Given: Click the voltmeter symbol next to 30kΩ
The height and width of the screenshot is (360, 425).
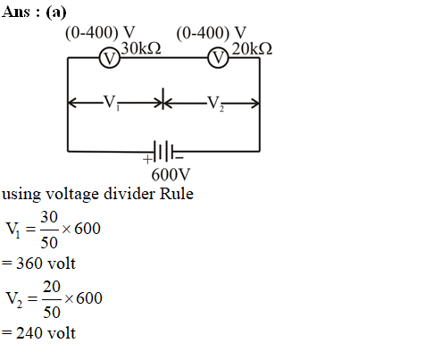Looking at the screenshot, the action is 110,58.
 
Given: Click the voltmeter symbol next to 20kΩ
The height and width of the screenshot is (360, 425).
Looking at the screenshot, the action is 218,58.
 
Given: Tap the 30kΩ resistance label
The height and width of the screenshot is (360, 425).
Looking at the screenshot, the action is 141,48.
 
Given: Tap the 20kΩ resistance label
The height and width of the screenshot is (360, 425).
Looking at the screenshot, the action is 252,48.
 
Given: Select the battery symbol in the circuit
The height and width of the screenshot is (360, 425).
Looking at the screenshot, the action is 163,151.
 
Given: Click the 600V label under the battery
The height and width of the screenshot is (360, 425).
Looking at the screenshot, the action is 171,174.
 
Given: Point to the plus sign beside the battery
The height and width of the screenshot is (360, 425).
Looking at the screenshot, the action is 147,159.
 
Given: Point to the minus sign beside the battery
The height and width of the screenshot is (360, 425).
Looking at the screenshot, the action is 179,158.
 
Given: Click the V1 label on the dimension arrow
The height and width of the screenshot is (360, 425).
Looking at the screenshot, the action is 112,103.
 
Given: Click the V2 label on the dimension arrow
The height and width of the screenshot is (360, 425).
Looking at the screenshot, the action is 215,104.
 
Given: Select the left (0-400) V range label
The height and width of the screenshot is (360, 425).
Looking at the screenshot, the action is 100,33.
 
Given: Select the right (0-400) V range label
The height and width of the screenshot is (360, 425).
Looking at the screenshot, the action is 212,33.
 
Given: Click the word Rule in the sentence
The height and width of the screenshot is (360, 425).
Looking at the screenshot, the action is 177,194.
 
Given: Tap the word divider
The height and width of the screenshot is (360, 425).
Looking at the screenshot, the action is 129,194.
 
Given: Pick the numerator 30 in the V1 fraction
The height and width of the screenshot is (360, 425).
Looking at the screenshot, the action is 49,217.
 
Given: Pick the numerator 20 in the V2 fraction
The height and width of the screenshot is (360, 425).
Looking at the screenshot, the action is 52,287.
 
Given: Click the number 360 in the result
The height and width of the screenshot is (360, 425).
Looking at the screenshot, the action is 29,264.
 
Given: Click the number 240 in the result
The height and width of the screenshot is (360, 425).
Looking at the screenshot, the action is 29,333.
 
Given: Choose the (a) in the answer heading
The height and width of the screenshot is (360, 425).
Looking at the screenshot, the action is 56,13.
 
